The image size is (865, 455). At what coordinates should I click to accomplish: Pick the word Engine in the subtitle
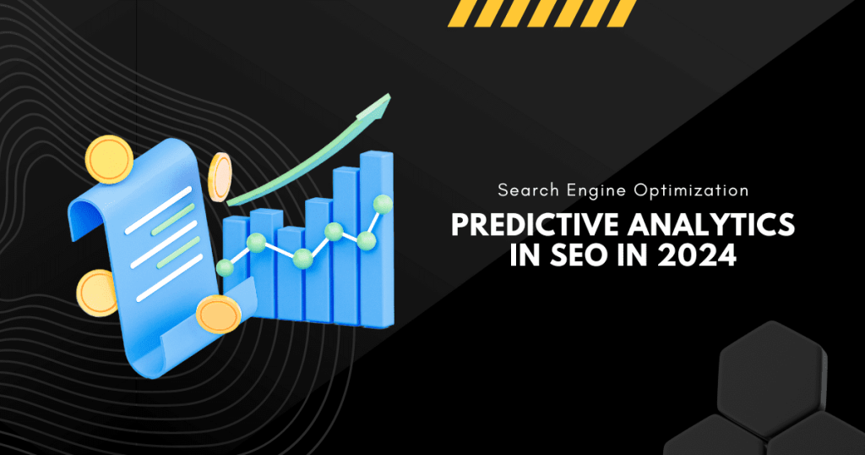(596, 191)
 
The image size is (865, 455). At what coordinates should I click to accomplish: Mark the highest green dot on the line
(384, 203)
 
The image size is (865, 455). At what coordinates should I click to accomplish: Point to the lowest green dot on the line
(225, 268)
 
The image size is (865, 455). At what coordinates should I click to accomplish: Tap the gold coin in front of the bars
(218, 315)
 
